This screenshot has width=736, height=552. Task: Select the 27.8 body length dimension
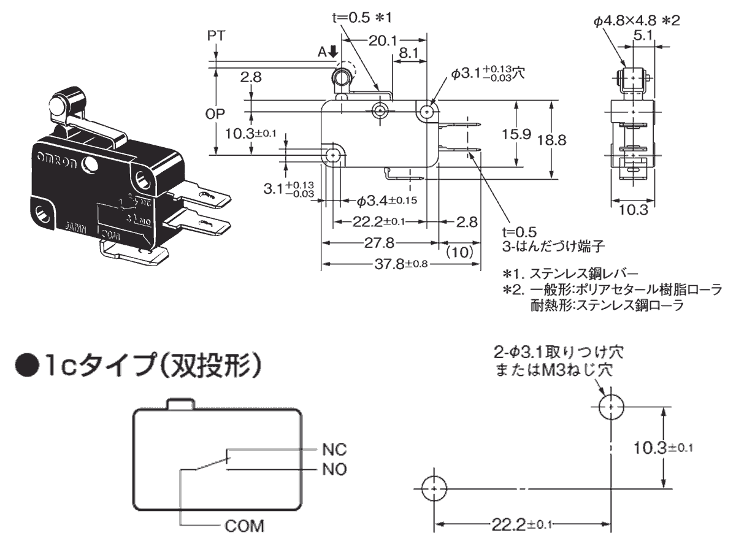(379, 243)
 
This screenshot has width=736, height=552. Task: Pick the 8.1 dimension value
(408, 54)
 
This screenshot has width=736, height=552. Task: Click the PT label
(215, 35)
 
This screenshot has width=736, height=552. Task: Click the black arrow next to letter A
(333, 52)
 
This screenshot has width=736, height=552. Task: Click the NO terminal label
(334, 470)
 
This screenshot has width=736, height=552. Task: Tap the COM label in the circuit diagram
(245, 526)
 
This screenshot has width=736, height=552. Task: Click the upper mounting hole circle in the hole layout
(611, 407)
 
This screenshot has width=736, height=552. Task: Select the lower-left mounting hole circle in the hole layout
(434, 489)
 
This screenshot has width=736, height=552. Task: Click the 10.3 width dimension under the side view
(634, 210)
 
